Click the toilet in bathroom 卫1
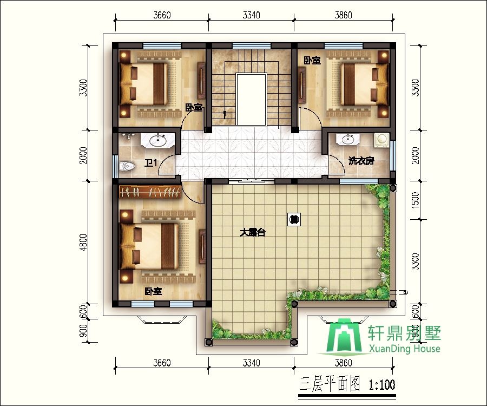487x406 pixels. [127, 166]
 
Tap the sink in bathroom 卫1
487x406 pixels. [158, 140]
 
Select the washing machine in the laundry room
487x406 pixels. [381, 140]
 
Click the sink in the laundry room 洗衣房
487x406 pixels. [348, 140]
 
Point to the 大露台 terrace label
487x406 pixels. [253, 232]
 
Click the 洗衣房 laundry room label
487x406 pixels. [361, 161]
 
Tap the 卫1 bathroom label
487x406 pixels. [152, 163]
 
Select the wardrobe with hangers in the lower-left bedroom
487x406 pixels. [150, 191]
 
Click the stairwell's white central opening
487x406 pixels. [251, 100]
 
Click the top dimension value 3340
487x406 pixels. [251, 15]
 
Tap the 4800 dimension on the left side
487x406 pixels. [83, 243]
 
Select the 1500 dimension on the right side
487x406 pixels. [415, 200]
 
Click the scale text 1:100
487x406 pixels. [382, 384]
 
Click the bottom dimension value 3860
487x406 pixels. [343, 363]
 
